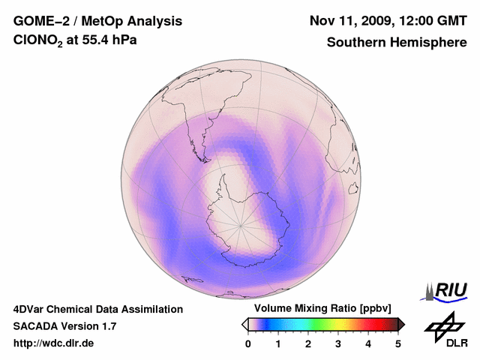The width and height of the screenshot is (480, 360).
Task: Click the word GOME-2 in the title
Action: tap(40, 20)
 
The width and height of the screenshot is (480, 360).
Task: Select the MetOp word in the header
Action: tap(100, 20)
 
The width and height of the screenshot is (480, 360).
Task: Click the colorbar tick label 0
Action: tap(248, 343)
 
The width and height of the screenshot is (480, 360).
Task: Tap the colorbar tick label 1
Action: tap(278, 343)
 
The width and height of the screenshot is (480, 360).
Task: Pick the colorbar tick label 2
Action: tap(308, 343)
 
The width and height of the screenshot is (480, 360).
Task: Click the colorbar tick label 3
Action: tap(338, 343)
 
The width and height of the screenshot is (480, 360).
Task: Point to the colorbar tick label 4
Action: tap(368, 343)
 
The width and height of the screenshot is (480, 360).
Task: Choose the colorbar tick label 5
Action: tap(398, 343)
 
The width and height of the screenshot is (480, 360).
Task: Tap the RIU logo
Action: tap(448, 290)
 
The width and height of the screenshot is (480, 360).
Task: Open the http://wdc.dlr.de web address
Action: tap(54, 343)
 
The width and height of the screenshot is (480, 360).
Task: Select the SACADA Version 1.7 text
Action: tap(64, 326)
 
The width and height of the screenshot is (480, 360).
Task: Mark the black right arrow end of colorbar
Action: tap(401, 324)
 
